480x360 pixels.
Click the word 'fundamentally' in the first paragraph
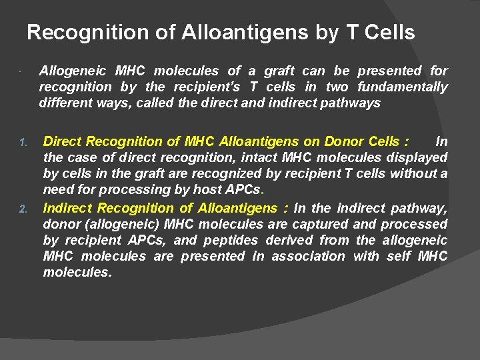(x=403, y=87)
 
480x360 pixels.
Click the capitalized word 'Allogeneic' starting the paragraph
(x=72, y=71)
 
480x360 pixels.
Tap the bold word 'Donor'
(x=344, y=141)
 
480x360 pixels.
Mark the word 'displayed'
(x=417, y=157)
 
